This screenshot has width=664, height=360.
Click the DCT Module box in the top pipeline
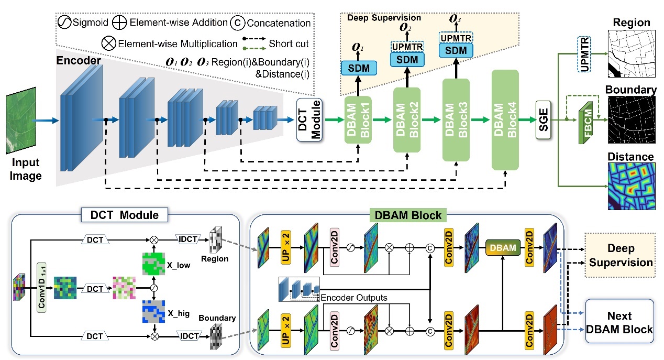pos(309,120)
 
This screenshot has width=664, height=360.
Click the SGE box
pos(545,121)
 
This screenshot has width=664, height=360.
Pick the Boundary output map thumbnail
pos(631,119)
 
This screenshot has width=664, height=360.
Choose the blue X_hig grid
pos(154,311)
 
